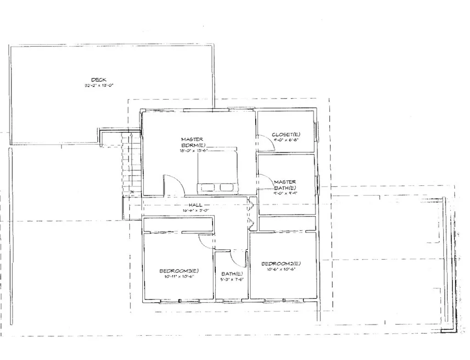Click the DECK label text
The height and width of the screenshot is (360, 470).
[x=99, y=80]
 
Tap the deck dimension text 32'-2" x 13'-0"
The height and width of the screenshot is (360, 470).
[x=99, y=85]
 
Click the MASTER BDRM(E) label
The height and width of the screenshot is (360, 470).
[x=192, y=142]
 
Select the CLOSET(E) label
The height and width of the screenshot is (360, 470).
[x=285, y=134]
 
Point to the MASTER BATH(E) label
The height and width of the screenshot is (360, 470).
[x=285, y=185]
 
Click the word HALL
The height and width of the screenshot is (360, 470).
[x=196, y=205]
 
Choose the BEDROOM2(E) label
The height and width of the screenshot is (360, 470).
[x=281, y=264]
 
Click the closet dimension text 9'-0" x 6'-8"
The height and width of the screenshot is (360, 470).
[x=286, y=140]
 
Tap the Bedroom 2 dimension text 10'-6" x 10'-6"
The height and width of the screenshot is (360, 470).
[x=281, y=270]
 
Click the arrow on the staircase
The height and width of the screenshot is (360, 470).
[x=131, y=136]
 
